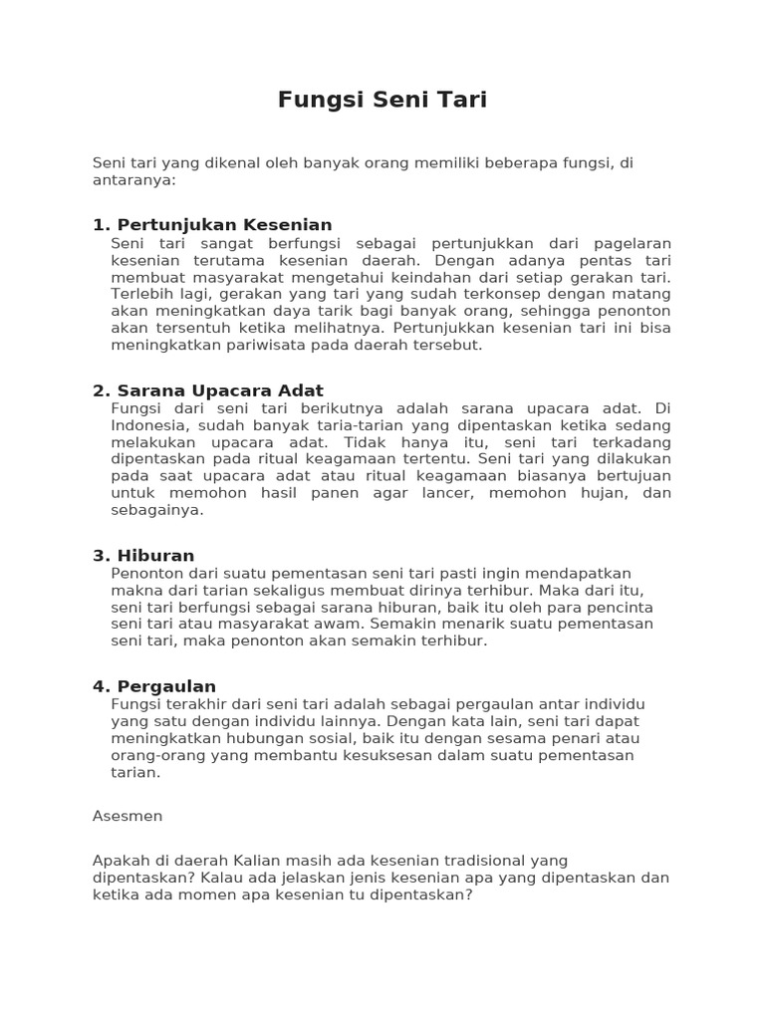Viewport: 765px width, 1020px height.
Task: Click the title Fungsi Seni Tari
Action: (382, 101)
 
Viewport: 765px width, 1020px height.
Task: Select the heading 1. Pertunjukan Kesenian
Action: (212, 225)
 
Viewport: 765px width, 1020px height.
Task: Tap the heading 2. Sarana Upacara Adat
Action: (208, 390)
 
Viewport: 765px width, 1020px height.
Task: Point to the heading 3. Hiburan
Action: (143, 556)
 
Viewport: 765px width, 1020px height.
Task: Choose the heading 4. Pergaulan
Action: (154, 686)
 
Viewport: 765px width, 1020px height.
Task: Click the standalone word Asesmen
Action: (127, 816)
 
